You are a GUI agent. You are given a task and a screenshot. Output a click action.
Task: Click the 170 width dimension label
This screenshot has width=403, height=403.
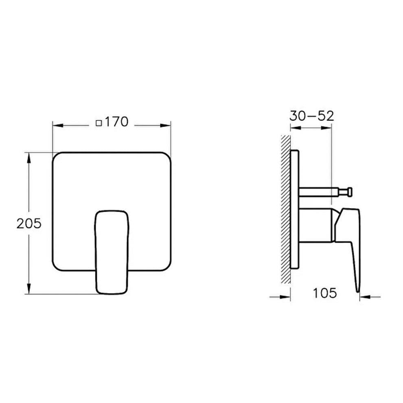(116, 122)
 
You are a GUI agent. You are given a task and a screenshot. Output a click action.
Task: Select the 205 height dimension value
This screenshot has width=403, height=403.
(29, 223)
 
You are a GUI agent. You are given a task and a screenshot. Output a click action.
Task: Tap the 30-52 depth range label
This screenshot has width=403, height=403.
(311, 116)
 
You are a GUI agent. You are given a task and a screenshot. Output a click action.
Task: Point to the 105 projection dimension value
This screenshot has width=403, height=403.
(325, 293)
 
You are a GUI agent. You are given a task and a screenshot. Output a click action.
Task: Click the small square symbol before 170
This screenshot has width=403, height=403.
(98, 123)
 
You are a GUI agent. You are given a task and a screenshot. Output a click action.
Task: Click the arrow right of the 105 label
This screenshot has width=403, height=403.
(364, 297)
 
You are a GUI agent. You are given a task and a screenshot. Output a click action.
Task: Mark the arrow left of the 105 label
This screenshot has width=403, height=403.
(285, 297)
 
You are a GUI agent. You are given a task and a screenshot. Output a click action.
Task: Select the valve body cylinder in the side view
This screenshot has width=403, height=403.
(315, 225)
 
